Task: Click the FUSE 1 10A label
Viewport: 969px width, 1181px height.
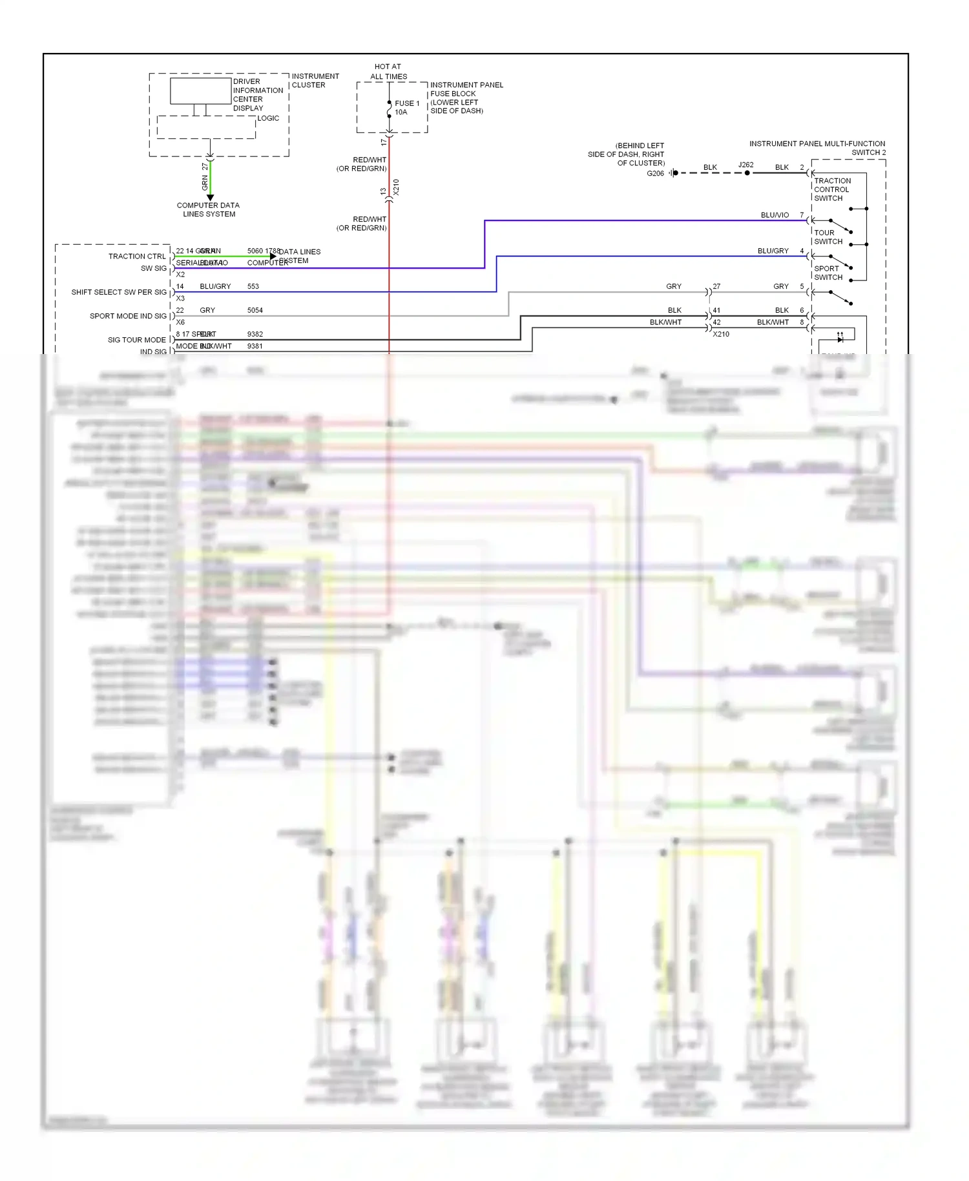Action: click(406, 107)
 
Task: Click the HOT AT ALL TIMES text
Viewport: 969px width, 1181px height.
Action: click(388, 72)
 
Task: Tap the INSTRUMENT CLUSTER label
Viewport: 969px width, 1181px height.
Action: click(315, 81)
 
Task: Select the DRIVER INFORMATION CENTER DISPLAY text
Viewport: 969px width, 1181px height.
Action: click(257, 95)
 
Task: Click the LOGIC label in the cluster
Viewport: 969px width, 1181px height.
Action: click(268, 118)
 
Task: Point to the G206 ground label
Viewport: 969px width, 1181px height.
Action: click(655, 173)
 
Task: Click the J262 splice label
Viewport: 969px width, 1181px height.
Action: click(745, 165)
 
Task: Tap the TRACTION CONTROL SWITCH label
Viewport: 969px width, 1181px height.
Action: click(831, 189)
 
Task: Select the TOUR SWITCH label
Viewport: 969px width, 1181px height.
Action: click(828, 237)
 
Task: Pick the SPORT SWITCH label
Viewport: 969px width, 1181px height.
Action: click(828, 273)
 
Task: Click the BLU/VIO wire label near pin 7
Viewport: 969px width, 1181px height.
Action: click(775, 215)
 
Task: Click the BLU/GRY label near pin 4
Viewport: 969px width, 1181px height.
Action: click(773, 251)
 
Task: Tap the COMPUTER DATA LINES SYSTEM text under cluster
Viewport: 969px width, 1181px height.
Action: click(208, 210)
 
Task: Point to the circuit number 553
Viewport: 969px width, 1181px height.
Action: click(253, 286)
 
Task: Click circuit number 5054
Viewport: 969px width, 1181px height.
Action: click(255, 310)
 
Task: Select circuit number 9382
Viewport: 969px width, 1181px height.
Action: click(255, 334)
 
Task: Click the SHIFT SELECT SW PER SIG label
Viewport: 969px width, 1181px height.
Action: click(119, 292)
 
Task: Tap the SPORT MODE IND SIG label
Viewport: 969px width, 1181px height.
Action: click(128, 316)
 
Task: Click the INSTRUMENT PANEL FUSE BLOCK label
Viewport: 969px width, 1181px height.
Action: click(466, 98)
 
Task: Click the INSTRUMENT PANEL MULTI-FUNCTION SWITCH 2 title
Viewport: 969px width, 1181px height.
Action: click(817, 148)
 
